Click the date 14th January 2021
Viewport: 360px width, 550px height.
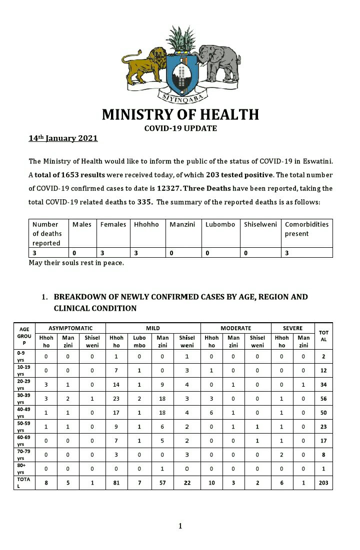[x=63, y=138]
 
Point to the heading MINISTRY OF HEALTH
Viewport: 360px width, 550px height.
[x=180, y=114]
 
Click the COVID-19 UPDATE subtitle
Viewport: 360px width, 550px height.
[x=180, y=128]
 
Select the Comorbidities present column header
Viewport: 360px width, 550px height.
[x=306, y=229]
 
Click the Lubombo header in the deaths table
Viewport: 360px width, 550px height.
[x=220, y=224]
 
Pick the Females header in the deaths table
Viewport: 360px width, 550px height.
[x=113, y=224]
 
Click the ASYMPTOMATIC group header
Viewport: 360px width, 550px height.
[x=70, y=328]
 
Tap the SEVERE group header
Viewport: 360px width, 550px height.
[x=292, y=328]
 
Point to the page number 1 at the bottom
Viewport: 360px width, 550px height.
[x=180, y=526]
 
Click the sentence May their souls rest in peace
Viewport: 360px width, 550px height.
[x=76, y=263]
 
